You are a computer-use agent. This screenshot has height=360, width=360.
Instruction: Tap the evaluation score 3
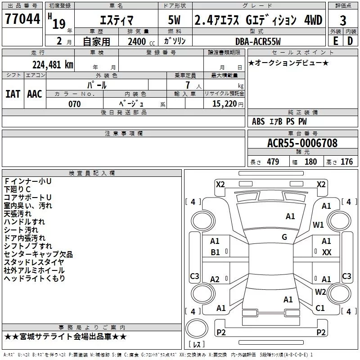click(343, 20)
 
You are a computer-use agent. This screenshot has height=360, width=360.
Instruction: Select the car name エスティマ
click(116, 20)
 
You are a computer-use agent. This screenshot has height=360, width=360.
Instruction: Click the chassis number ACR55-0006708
click(302, 143)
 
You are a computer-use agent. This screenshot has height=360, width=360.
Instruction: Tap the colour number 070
click(74, 104)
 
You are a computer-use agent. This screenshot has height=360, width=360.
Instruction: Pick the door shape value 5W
click(174, 20)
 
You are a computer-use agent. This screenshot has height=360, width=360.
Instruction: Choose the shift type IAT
click(13, 94)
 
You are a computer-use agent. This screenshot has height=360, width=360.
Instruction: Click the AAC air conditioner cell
click(35, 94)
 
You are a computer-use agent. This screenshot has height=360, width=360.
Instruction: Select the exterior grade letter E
click(335, 41)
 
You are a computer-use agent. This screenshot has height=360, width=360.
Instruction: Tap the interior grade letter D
click(351, 41)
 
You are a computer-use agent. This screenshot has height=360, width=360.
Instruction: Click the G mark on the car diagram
click(284, 237)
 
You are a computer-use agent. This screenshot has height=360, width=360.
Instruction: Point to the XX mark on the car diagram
click(327, 252)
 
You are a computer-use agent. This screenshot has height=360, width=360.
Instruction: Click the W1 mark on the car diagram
click(319, 225)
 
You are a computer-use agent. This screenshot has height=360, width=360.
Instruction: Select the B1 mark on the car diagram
click(215, 252)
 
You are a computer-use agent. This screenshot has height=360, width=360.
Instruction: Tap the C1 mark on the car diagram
click(320, 308)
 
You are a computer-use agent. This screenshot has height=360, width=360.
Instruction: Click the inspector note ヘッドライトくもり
click(34, 279)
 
